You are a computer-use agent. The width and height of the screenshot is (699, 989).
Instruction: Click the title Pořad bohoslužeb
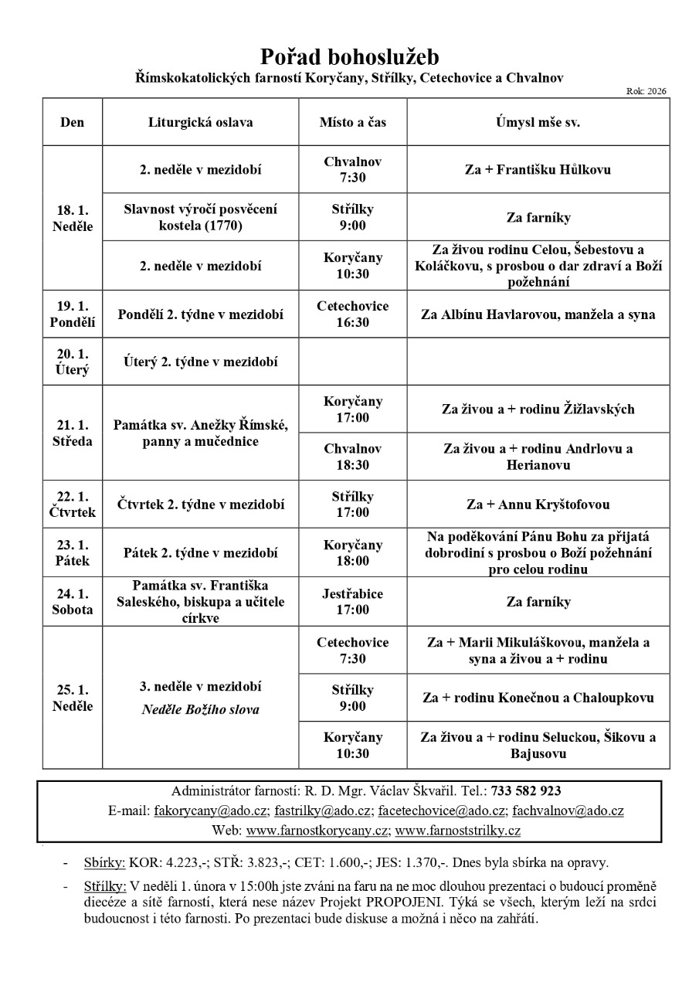pos(349,56)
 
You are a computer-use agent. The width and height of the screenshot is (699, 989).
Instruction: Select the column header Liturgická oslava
pos(200,122)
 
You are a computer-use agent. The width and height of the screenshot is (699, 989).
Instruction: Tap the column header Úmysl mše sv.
pos(538,122)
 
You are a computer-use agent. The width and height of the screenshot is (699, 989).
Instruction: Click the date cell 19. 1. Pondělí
pos(73,314)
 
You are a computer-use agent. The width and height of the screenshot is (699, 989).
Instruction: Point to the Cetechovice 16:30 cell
pos(353,314)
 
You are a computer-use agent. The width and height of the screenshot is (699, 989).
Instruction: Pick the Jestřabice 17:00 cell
pos(353,602)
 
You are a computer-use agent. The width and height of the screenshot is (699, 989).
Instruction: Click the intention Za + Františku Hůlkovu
pos(538,169)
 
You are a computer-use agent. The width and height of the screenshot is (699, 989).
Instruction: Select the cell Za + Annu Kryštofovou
pos(538,505)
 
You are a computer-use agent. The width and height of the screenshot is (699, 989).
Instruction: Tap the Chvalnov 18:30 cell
pos(353,457)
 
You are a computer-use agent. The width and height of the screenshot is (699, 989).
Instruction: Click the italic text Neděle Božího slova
pos(200,709)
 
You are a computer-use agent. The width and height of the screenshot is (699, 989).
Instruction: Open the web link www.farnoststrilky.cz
pos(457,831)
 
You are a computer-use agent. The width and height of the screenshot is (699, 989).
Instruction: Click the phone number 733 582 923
pos(526,791)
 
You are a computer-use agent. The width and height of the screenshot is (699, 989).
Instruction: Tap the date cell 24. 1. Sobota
pos(73,602)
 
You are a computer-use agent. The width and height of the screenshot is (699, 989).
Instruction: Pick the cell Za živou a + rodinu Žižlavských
pos(538,410)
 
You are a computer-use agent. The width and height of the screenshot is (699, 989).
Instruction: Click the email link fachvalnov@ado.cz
pos(567,811)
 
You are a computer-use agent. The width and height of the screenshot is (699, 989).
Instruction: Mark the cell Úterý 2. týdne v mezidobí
pos(200,361)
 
